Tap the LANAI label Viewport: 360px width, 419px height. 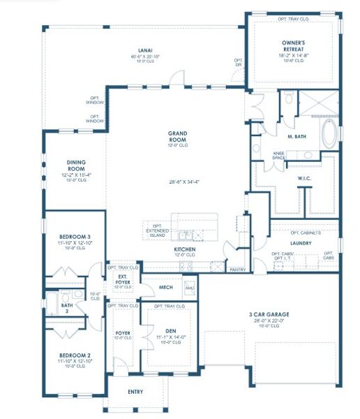click(145, 51)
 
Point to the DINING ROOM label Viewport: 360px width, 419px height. click(75, 165)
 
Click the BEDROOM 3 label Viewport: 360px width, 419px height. click(73, 237)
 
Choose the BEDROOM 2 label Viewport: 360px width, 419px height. click(73, 355)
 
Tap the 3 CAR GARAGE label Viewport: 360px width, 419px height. click(269, 314)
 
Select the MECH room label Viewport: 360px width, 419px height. click(165, 287)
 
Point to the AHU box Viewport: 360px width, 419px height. click(189, 287)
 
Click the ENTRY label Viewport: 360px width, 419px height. click(135, 392)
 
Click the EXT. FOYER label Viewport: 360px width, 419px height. click(123, 281)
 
